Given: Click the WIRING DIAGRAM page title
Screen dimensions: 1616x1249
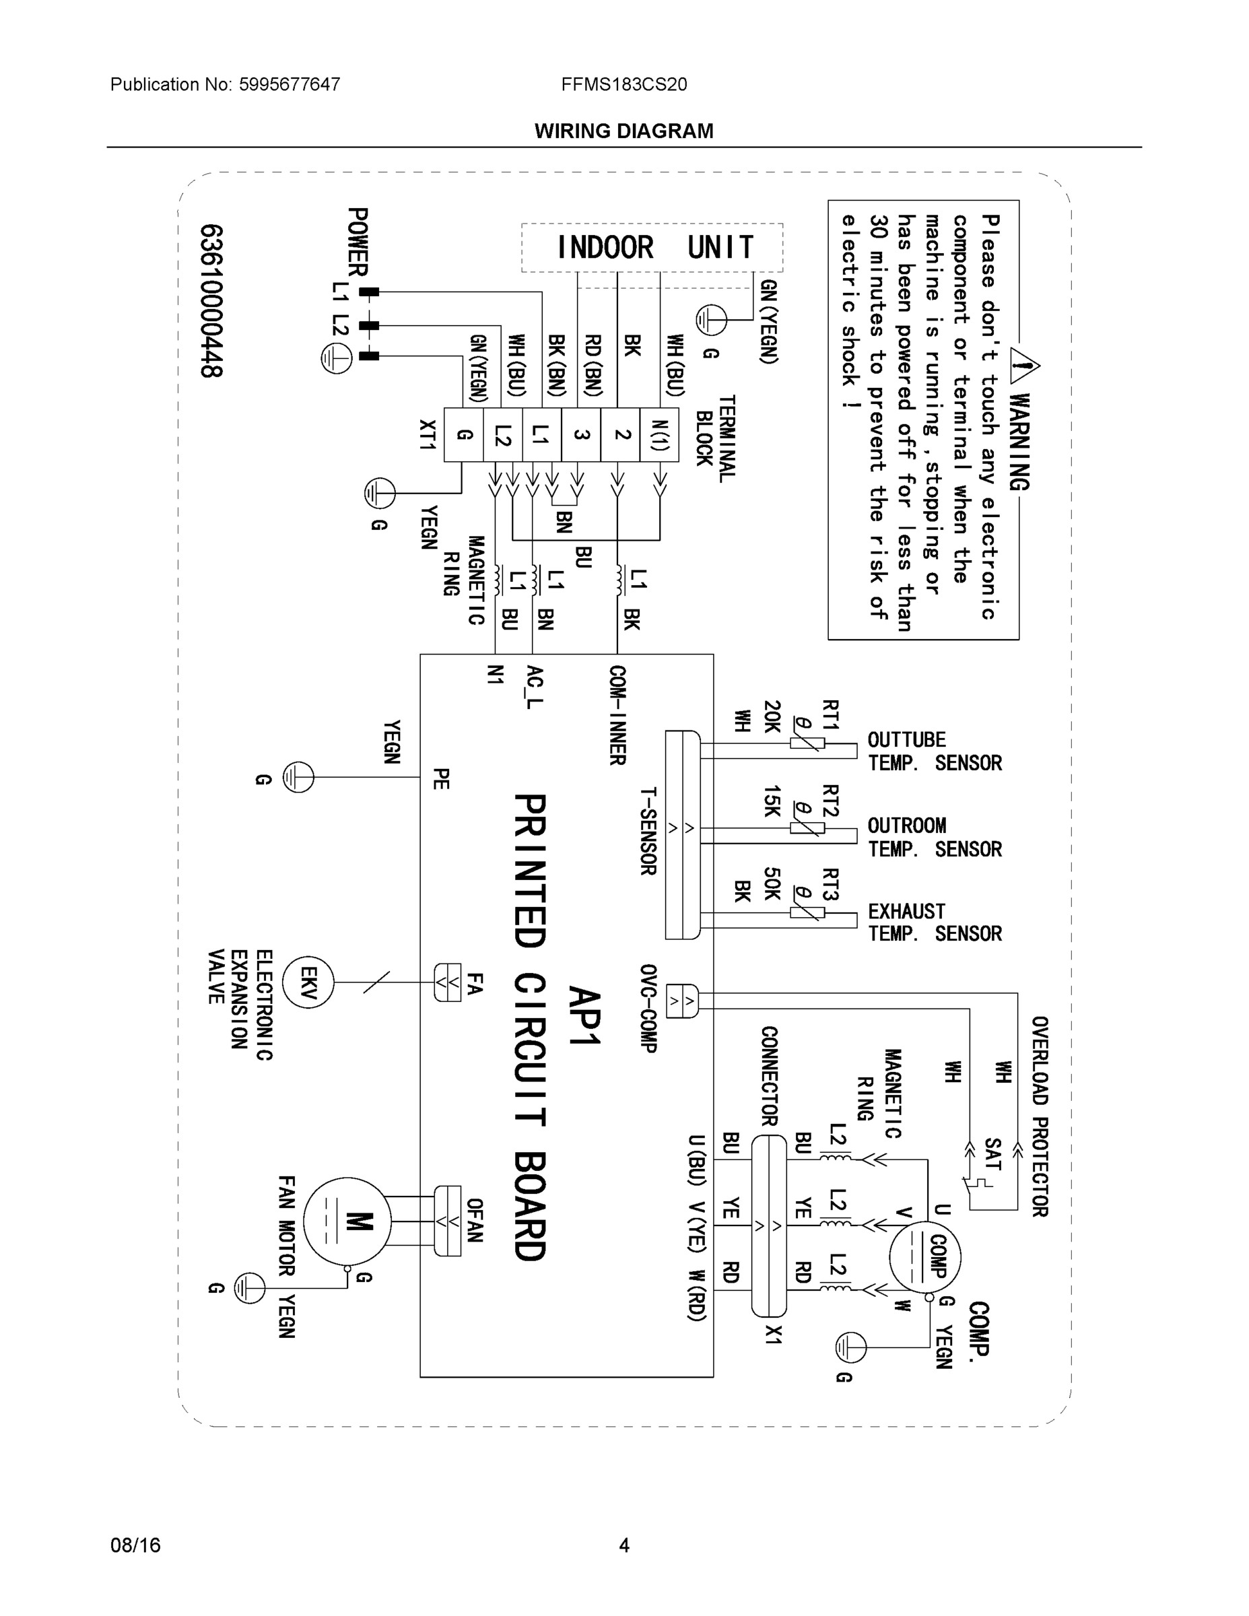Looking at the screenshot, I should (x=623, y=131).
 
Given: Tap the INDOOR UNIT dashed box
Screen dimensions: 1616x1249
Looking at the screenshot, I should (x=652, y=248).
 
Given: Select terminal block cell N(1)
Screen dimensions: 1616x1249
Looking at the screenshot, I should (x=659, y=435).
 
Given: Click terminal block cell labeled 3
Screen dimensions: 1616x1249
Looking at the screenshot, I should (x=582, y=435).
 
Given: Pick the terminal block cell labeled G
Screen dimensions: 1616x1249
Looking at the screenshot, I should (x=464, y=435).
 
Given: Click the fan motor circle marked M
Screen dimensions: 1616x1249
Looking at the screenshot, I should (x=347, y=1221).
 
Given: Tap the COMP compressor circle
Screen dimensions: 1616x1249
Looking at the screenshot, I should (x=925, y=1256).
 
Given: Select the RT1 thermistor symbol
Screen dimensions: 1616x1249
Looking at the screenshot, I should (x=807, y=743).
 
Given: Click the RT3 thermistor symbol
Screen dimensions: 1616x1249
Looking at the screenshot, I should (x=807, y=912).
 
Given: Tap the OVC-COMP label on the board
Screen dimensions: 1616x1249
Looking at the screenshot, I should (x=649, y=1008).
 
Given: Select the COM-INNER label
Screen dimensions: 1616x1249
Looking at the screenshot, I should (x=618, y=716).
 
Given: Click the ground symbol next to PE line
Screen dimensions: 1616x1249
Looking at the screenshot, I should (x=299, y=778).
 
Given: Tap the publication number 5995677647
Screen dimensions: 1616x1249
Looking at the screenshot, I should (x=290, y=84).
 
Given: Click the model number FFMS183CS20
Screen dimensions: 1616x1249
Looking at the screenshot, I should (x=623, y=84).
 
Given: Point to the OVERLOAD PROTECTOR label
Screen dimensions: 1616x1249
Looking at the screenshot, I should (x=1039, y=1116).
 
